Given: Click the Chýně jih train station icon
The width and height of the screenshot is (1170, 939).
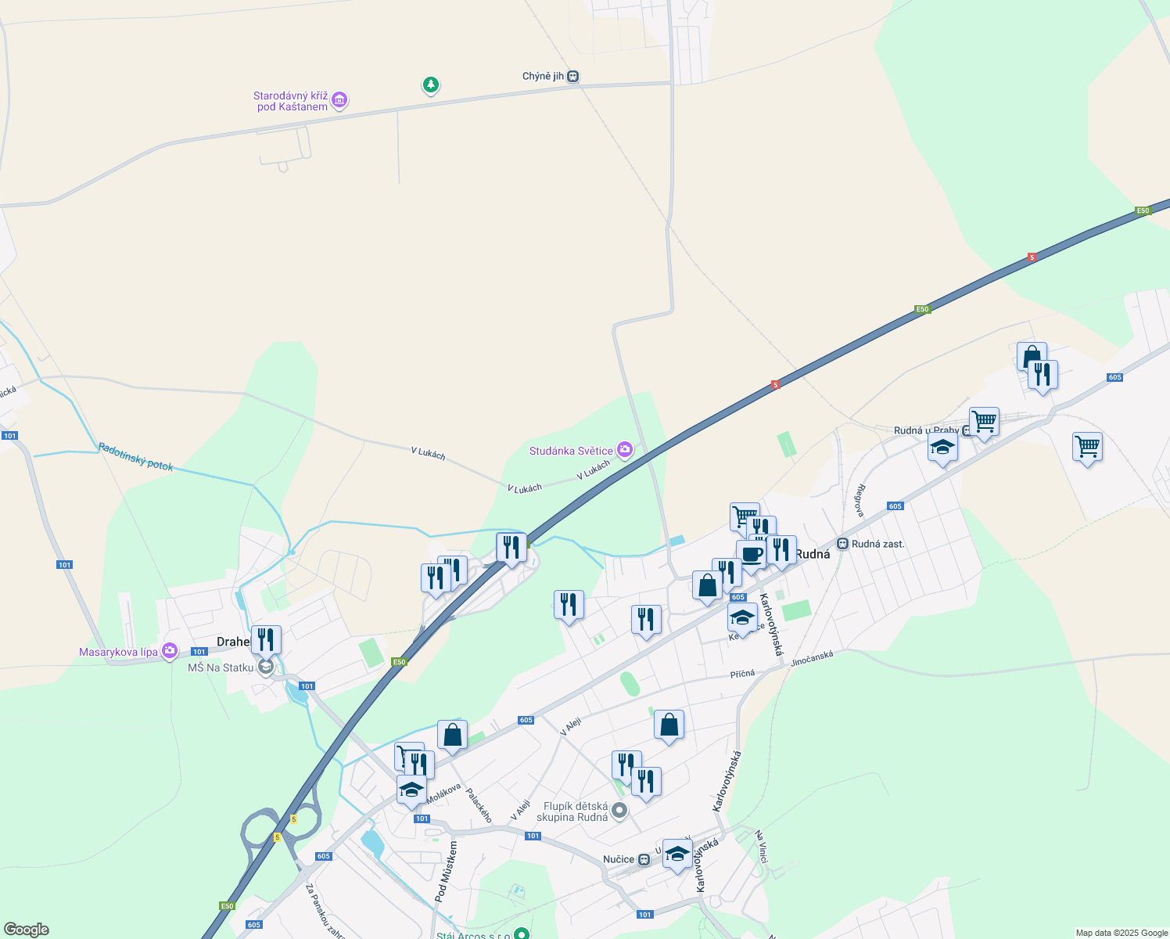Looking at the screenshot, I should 573,77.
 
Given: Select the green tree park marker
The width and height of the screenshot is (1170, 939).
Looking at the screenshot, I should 430,85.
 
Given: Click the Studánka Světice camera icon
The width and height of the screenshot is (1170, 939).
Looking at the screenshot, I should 624,450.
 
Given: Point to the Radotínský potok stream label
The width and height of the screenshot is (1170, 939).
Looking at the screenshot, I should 136,457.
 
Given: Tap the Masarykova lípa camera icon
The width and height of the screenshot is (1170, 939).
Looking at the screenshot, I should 170,651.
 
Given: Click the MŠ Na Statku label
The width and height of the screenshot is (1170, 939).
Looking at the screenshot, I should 221,667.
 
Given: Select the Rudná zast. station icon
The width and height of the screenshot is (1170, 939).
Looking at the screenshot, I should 842,544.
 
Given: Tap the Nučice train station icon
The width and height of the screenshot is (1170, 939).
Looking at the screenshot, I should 644,859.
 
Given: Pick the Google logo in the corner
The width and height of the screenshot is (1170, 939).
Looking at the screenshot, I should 26,930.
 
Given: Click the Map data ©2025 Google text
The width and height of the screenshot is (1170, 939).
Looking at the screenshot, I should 1122,933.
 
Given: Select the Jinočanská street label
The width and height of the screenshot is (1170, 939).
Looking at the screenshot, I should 812,660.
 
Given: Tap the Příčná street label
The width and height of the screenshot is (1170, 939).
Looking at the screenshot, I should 743,674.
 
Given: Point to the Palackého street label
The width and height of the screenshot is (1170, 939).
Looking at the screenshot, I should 479,805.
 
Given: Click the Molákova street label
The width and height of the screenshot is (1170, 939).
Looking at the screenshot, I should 444,792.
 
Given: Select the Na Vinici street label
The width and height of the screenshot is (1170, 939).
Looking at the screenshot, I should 762,847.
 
